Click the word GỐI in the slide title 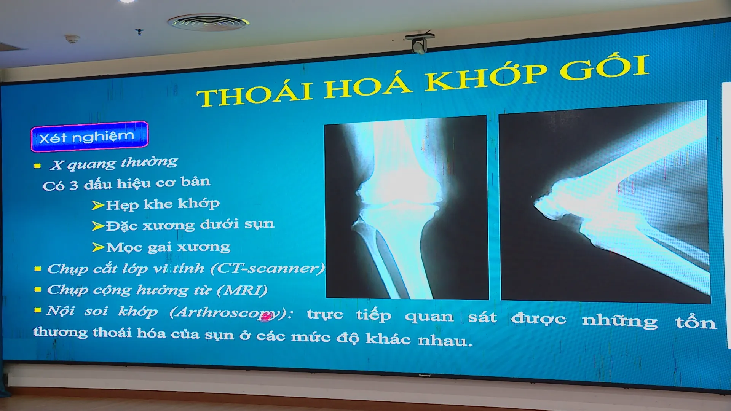coord(605,67)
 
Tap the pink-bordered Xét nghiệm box coord(89,136)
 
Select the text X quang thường coord(114,163)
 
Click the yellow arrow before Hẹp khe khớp coord(98,205)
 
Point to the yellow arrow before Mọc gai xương coord(98,247)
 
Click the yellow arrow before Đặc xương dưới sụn coord(98,226)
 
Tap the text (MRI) coord(242,290)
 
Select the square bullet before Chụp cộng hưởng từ coord(38,289)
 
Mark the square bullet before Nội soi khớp coord(37,310)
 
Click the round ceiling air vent coord(208,22)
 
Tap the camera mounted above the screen coord(419,43)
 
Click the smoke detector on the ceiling coord(72,39)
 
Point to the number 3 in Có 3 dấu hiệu coord(74,185)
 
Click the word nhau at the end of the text coord(445,340)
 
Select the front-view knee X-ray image coord(407,208)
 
